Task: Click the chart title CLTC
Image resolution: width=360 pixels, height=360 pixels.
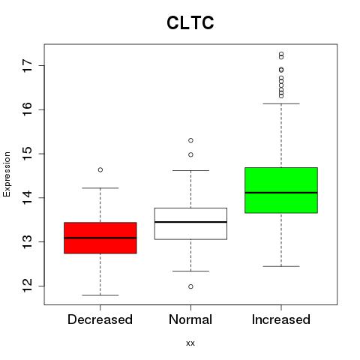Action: click(190, 22)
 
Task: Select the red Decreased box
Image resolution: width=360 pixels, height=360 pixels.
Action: click(100, 238)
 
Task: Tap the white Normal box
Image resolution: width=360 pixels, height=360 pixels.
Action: click(190, 223)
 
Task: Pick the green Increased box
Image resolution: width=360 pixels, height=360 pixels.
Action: click(281, 190)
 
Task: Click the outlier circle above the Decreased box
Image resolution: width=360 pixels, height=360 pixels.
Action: click(100, 170)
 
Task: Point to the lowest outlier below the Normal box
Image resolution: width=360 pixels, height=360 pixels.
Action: click(190, 286)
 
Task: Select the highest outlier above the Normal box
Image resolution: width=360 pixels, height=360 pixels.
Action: click(190, 140)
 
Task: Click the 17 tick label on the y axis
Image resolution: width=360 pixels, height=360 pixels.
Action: click(27, 66)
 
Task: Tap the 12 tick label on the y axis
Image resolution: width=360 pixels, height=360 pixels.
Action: click(27, 286)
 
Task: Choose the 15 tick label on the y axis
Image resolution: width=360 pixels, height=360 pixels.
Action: click(27, 154)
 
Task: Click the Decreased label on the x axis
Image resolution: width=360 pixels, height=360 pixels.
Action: click(100, 319)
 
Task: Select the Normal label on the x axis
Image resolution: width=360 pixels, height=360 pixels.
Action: click(190, 319)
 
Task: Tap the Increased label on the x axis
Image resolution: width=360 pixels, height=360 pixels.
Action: click(281, 319)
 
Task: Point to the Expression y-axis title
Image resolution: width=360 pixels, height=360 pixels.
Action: click(7, 174)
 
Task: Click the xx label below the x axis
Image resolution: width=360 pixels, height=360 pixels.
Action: click(190, 343)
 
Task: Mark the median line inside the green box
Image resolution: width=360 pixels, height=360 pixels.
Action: click(281, 193)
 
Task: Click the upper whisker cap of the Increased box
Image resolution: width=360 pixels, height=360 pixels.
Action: click(281, 103)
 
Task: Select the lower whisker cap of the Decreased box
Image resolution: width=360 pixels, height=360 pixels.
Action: click(100, 295)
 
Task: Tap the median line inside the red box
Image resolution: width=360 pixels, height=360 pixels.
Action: click(100, 238)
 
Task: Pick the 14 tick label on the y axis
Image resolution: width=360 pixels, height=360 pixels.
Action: click(27, 198)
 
